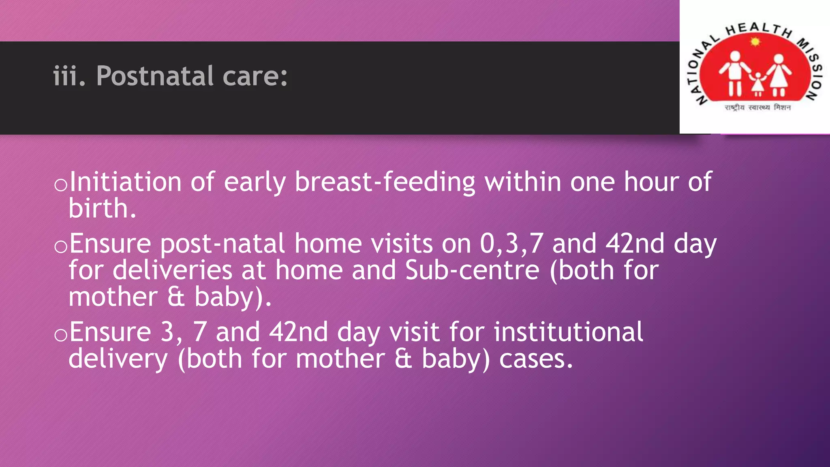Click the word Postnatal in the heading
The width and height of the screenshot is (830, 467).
(155, 76)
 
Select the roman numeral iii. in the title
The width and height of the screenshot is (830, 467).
(69, 76)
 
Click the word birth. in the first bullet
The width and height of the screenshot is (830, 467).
(102, 208)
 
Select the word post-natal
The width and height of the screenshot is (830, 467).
(222, 244)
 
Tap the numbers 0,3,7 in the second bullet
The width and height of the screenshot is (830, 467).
(511, 244)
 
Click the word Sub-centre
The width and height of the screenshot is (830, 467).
(472, 270)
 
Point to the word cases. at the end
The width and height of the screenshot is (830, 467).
(536, 359)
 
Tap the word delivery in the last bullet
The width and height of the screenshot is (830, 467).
(118, 360)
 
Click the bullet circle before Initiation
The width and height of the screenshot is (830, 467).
(61, 185)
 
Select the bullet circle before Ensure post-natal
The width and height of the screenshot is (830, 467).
(61, 246)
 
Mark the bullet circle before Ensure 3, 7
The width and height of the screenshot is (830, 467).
(61, 335)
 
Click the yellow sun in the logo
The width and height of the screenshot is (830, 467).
(755, 41)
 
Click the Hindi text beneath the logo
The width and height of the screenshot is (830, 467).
(757, 107)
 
